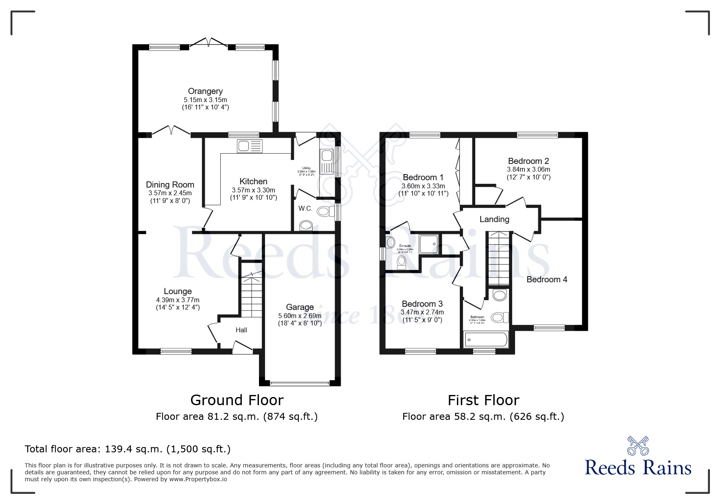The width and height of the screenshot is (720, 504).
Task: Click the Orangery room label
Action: pyautogui.click(x=205, y=91)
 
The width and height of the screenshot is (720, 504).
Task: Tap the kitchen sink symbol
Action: pyautogui.click(x=250, y=146)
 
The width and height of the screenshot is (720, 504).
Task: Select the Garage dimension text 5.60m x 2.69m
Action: pyautogui.click(x=300, y=316)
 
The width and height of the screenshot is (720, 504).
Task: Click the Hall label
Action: pyautogui.click(x=241, y=330)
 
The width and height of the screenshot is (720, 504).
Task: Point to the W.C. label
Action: pyautogui.click(x=305, y=209)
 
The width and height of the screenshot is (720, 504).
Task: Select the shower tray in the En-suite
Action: pyautogui.click(x=429, y=244)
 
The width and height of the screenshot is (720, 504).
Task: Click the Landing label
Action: pyautogui.click(x=494, y=219)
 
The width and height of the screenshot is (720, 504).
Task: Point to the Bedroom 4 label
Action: pyautogui.click(x=546, y=279)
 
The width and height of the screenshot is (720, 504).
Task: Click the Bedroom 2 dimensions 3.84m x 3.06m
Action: pyautogui.click(x=528, y=169)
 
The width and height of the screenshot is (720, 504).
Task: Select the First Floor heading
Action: pyautogui.click(x=483, y=400)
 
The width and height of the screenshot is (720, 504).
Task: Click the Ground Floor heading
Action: pyautogui.click(x=237, y=400)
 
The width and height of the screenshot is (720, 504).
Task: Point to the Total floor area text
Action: pyautogui.click(x=128, y=449)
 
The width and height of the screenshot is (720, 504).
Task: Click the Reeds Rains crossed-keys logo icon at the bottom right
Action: pyautogui.click(x=637, y=446)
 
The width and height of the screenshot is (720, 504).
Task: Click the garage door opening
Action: pyautogui.click(x=300, y=383)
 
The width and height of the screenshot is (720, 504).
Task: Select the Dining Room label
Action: pyautogui.click(x=170, y=185)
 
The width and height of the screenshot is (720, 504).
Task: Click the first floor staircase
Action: pyautogui.click(x=498, y=259)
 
